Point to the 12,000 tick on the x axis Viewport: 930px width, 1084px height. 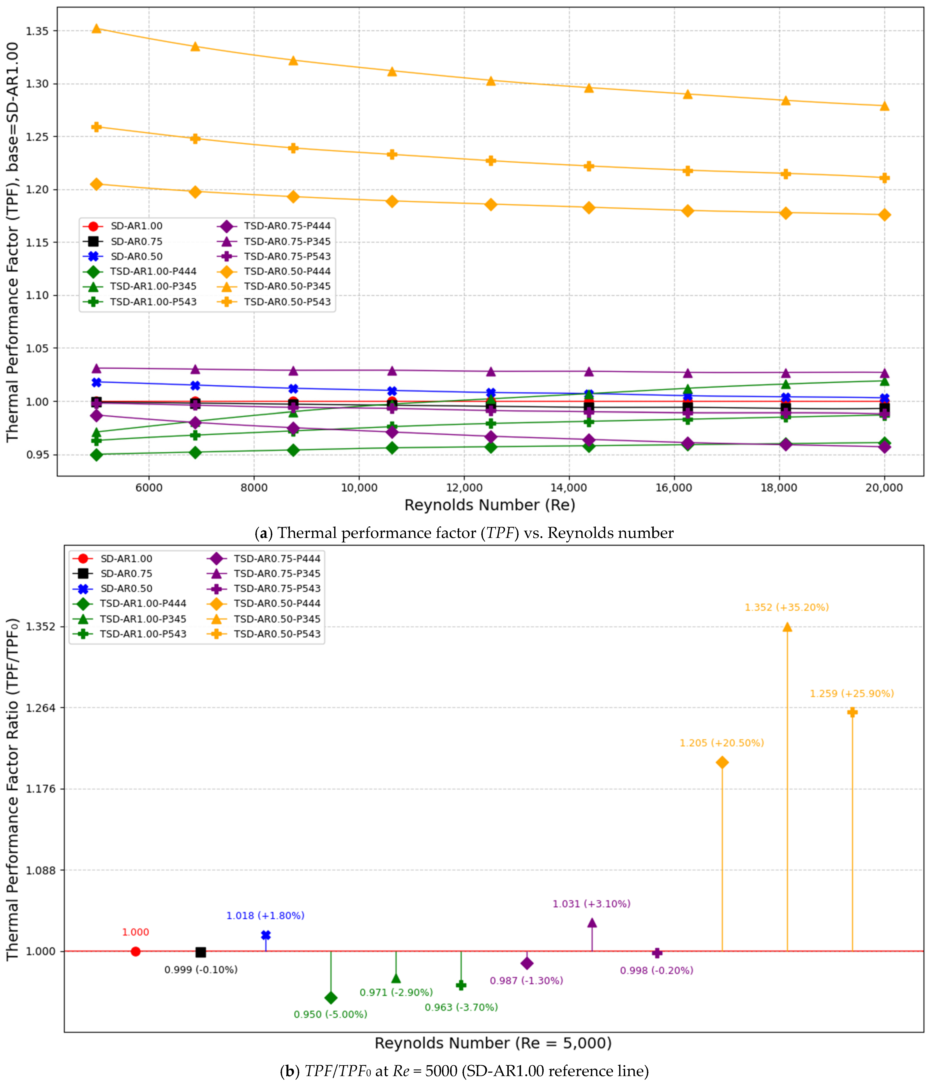pos(464,488)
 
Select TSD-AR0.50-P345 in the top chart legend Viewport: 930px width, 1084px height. pos(287,286)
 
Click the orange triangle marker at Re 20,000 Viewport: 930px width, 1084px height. pos(884,106)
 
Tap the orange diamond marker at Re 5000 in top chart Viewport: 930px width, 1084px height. pos(96,184)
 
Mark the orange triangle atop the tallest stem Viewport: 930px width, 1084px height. pos(787,627)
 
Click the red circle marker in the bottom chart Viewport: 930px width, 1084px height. pos(136,951)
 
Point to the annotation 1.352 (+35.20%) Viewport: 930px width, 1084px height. pos(787,607)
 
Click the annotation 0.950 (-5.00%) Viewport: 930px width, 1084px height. pos(331,1015)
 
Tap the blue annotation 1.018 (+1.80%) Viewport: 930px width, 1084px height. pos(265,916)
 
